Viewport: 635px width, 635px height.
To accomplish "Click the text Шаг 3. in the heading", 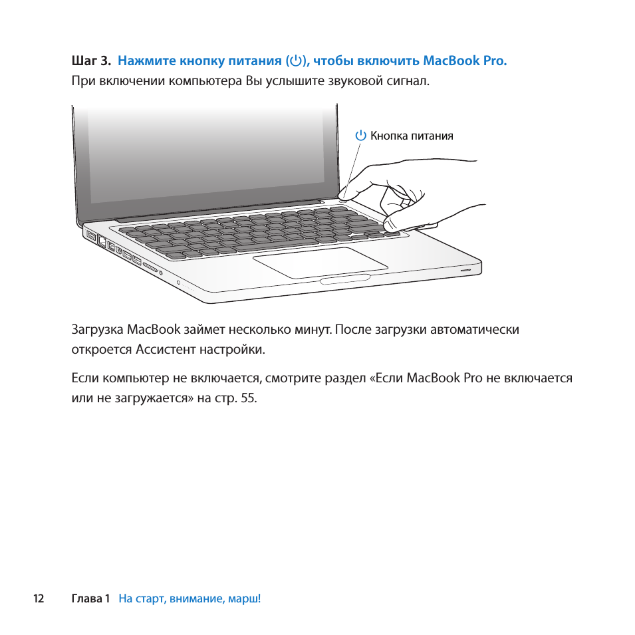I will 90,61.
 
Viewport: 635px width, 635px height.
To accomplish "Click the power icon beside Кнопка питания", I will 360,136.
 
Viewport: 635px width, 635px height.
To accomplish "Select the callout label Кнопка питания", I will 412,136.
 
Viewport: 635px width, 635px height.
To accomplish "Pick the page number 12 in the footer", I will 39,598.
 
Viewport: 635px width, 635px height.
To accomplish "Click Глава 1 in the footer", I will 90,598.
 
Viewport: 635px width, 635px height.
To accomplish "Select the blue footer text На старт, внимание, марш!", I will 190,598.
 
